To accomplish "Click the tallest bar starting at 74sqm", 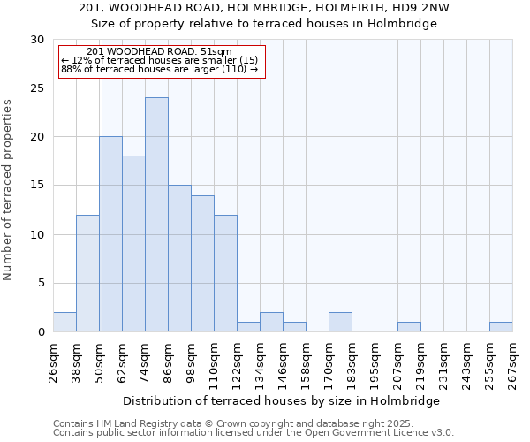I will click(x=156, y=215).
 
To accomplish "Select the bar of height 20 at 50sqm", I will click(x=110, y=234).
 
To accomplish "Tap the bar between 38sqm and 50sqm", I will click(x=87, y=273).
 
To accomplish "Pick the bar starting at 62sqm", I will click(x=133, y=244).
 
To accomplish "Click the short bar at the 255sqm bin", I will click(x=501, y=326).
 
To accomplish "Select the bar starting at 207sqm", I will click(x=409, y=326).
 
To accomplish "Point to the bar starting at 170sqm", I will click(x=340, y=322).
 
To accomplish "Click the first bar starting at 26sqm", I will click(x=64, y=322).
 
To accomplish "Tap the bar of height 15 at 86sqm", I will click(x=179, y=258).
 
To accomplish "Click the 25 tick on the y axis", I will click(x=38, y=88).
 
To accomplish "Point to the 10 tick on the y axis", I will click(x=38, y=235).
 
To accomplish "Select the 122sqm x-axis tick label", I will click(x=238, y=363).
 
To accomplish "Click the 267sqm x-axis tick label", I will click(x=513, y=363).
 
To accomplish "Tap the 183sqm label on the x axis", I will click(x=352, y=363).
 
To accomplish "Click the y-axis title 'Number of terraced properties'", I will click(x=8, y=190).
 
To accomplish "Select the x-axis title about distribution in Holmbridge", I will click(x=282, y=400).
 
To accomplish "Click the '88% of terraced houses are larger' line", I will click(x=159, y=69).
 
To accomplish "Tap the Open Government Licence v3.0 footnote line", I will click(x=254, y=433).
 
